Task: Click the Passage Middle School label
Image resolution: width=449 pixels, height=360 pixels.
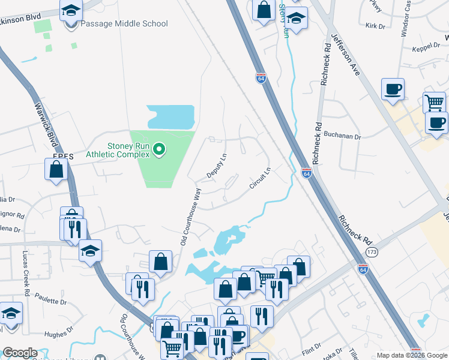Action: click(x=124, y=23)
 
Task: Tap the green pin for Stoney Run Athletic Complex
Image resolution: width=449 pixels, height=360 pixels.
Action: click(x=159, y=148)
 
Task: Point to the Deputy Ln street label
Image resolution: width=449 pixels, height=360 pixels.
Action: click(x=217, y=166)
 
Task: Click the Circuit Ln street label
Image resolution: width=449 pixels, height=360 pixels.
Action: click(x=261, y=178)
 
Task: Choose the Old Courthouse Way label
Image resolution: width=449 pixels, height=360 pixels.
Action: click(x=191, y=217)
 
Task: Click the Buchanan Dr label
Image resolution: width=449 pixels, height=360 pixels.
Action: click(x=344, y=136)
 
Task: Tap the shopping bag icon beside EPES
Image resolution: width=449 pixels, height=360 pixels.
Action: click(x=56, y=169)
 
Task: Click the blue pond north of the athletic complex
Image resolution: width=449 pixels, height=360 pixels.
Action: click(x=170, y=116)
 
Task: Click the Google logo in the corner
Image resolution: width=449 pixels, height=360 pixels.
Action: click(x=20, y=353)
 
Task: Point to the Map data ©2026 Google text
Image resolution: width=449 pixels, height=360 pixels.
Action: click(x=411, y=355)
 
